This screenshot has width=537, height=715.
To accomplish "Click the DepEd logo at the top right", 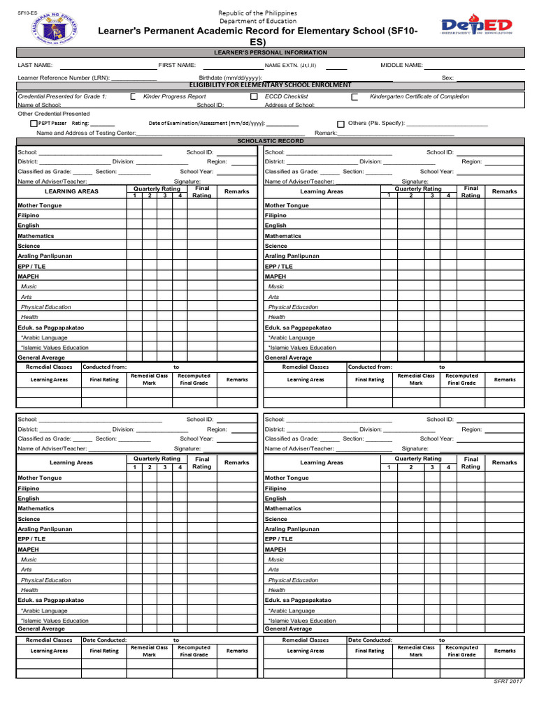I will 476,27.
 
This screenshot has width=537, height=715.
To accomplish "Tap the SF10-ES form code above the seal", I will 28,12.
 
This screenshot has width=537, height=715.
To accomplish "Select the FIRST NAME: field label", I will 177,65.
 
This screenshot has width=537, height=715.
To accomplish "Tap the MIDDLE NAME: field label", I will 401,65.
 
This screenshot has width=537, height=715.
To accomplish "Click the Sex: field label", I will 447,78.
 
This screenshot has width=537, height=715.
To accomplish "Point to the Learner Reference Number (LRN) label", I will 64,78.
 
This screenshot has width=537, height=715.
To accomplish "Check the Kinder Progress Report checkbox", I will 133,97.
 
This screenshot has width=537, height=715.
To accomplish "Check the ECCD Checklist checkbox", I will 254,97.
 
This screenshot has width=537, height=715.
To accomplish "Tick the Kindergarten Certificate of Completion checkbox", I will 355,97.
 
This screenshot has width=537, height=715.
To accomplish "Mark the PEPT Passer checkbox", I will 34,123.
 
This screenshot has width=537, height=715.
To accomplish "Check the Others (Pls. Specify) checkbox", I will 341,123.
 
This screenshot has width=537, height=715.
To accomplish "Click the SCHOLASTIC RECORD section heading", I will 271,140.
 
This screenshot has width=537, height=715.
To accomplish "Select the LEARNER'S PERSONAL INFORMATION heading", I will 270,52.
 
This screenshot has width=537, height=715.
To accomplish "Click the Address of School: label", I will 289,105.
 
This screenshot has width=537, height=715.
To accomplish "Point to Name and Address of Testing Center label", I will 86,132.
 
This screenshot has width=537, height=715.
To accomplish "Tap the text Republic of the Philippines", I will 257,13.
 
